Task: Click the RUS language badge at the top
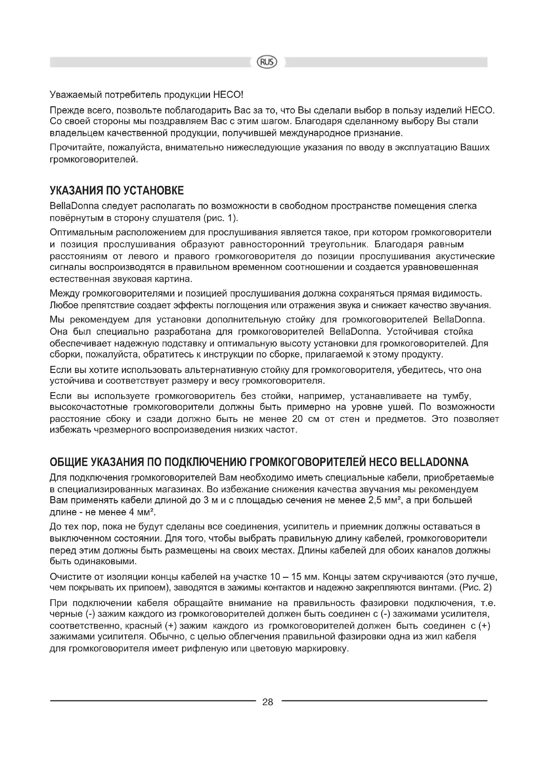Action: click(267, 62)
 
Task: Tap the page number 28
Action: click(268, 702)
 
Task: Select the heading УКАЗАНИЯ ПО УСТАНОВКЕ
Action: click(117, 191)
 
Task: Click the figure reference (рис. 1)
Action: click(220, 218)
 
